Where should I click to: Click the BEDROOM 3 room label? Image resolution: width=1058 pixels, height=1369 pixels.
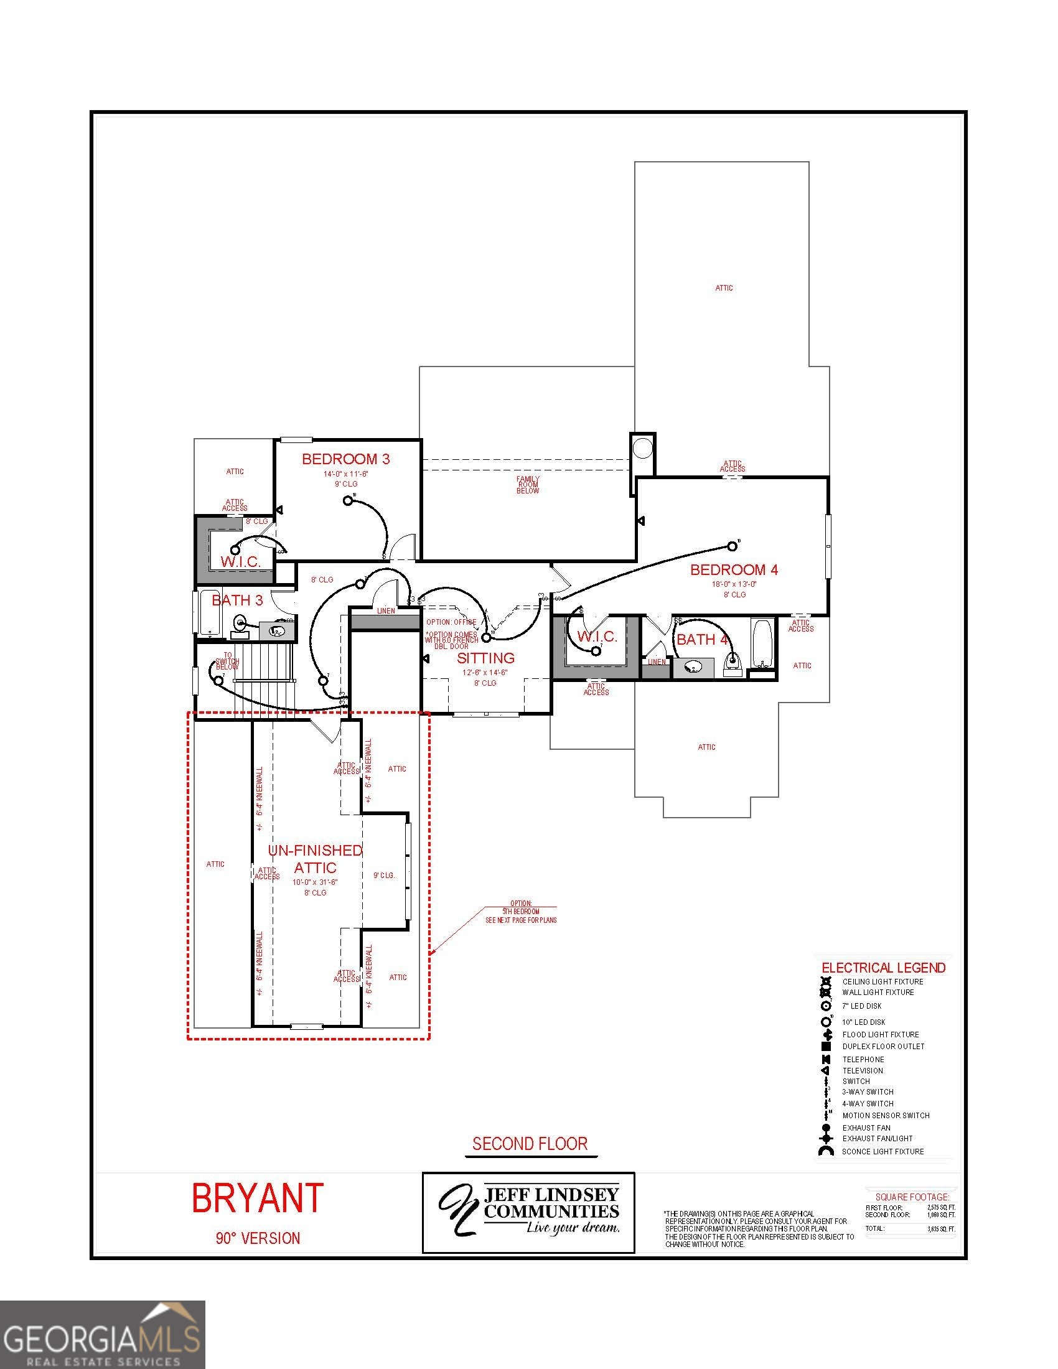click(x=345, y=459)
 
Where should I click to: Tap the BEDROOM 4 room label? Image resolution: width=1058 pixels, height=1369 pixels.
click(x=734, y=570)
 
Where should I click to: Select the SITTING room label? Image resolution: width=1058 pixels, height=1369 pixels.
click(x=485, y=658)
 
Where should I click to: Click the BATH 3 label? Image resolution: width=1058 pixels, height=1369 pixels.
click(x=237, y=600)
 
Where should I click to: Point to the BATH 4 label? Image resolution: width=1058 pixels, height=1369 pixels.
click(x=702, y=640)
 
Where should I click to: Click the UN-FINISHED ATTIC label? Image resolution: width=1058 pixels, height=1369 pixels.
click(x=316, y=859)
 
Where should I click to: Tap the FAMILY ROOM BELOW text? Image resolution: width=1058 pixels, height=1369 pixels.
click(x=528, y=485)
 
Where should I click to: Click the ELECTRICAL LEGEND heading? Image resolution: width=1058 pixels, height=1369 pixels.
click(x=883, y=968)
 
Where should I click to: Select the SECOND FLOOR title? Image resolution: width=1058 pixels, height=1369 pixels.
click(x=530, y=1144)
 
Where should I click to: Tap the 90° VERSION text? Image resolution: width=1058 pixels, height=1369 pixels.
click(x=258, y=1238)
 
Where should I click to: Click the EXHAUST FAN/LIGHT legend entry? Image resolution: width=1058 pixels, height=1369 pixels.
click(x=877, y=1138)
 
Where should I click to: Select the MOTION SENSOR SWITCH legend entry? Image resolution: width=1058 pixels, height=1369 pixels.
click(x=885, y=1115)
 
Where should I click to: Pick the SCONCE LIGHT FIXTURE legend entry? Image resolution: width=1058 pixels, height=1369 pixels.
click(x=882, y=1151)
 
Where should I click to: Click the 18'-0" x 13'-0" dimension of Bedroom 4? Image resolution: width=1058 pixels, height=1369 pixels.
click(x=733, y=584)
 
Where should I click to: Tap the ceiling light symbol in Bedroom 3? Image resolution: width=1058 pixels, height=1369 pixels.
click(x=349, y=500)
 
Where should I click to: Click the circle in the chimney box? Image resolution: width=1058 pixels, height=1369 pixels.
click(x=642, y=448)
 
